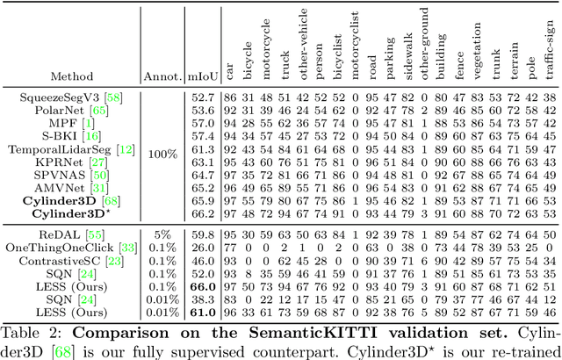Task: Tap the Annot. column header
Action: coord(161,76)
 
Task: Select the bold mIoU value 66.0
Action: coord(202,286)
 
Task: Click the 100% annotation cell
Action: coord(161,151)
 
